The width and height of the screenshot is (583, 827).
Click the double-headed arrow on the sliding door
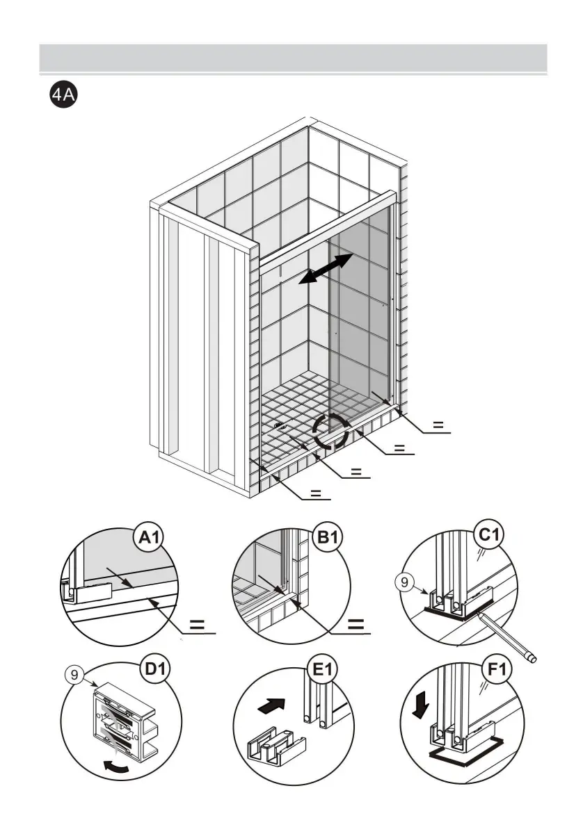tap(326, 268)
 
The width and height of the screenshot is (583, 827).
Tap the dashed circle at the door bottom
tap(330, 431)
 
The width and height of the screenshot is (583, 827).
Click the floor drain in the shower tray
tap(280, 427)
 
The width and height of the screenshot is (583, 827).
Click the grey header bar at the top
tap(292, 58)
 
